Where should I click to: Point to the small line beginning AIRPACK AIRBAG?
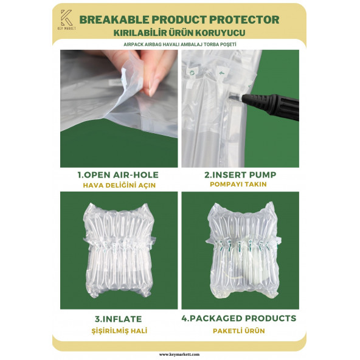tap(179, 44)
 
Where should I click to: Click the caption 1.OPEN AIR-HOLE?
tap(119, 175)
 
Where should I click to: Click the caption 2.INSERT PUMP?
tap(241, 175)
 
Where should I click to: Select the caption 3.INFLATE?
tap(119, 318)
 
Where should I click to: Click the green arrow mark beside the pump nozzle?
tap(223, 77)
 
